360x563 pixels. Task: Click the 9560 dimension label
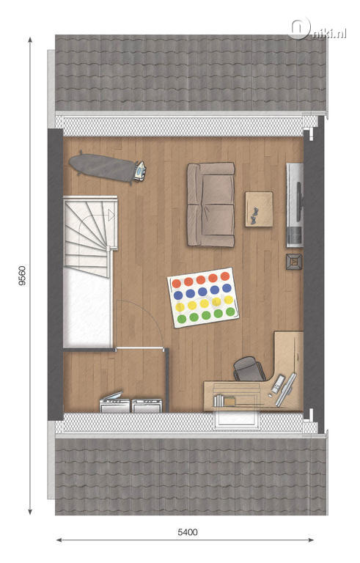tap(22, 276)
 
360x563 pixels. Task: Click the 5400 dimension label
tap(188, 531)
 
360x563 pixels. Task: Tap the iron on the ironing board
tap(140, 171)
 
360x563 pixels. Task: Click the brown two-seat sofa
tap(211, 205)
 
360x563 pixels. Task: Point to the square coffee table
tap(259, 209)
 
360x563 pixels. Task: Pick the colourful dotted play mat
tap(203, 298)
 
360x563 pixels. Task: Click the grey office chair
tap(249, 369)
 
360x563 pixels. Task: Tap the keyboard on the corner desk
tap(278, 384)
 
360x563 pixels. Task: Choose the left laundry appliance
tap(114, 402)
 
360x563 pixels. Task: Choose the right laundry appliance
tap(147, 405)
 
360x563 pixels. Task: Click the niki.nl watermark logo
tap(317, 29)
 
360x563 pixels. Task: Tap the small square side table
tap(294, 262)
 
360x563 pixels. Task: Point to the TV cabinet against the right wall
tap(294, 205)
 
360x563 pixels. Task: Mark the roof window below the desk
tap(236, 419)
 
